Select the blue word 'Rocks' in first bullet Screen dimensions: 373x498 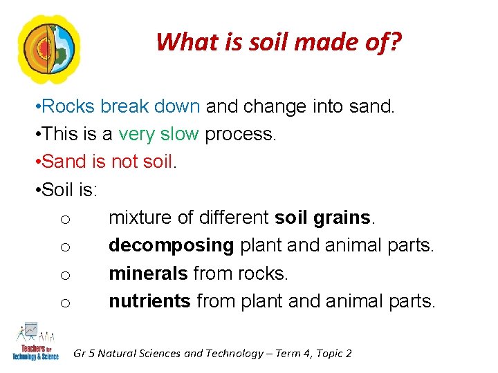click(68, 107)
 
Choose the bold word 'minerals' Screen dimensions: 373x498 click(147, 274)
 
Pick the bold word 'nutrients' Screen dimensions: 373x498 click(149, 301)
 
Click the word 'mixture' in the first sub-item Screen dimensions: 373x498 click(140, 218)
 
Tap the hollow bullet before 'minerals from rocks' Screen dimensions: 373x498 click(64, 275)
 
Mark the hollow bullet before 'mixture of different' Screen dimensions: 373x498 click(64, 219)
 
